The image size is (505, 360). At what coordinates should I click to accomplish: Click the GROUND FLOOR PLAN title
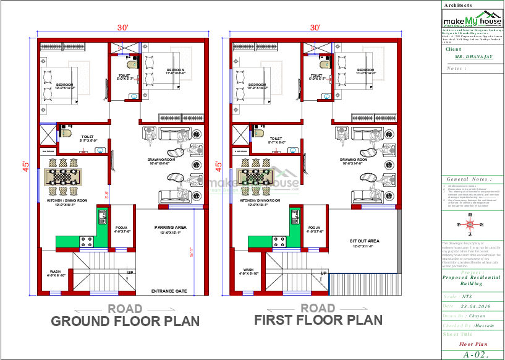click(125, 321)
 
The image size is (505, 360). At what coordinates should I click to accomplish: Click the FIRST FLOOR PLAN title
click(318, 320)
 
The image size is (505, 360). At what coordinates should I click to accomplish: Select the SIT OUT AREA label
click(364, 241)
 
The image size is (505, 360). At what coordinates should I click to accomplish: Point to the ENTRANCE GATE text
click(169, 290)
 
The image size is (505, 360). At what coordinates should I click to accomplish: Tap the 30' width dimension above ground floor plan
click(124, 28)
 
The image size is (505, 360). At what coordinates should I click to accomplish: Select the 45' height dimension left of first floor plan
click(218, 166)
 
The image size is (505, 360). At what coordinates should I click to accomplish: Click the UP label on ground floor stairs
click(130, 272)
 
